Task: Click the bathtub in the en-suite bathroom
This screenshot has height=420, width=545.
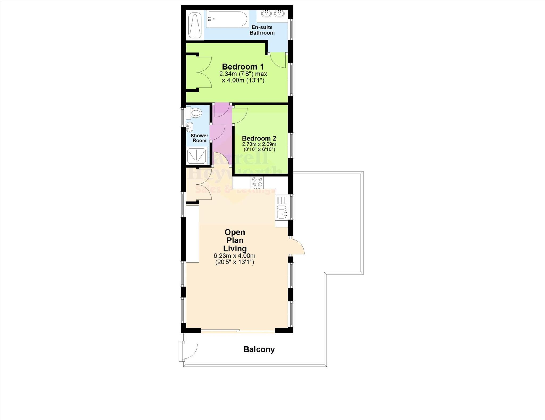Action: (228, 19)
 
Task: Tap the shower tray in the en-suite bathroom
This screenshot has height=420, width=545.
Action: (195, 26)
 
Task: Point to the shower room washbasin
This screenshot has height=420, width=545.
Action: (189, 127)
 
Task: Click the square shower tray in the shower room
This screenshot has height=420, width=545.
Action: (197, 156)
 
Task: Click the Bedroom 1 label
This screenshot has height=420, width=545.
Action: (243, 67)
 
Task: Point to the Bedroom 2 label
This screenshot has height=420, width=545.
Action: (259, 138)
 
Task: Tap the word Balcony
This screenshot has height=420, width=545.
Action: (259, 349)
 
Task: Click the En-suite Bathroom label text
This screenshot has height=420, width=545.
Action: (262, 30)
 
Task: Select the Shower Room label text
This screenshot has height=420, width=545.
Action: (199, 138)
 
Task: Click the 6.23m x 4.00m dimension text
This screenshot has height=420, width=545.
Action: (234, 256)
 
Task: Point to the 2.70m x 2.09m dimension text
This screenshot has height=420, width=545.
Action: (259, 144)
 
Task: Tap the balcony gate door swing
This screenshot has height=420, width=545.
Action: (190, 351)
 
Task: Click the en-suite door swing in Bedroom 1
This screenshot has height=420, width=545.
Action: (278, 60)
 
